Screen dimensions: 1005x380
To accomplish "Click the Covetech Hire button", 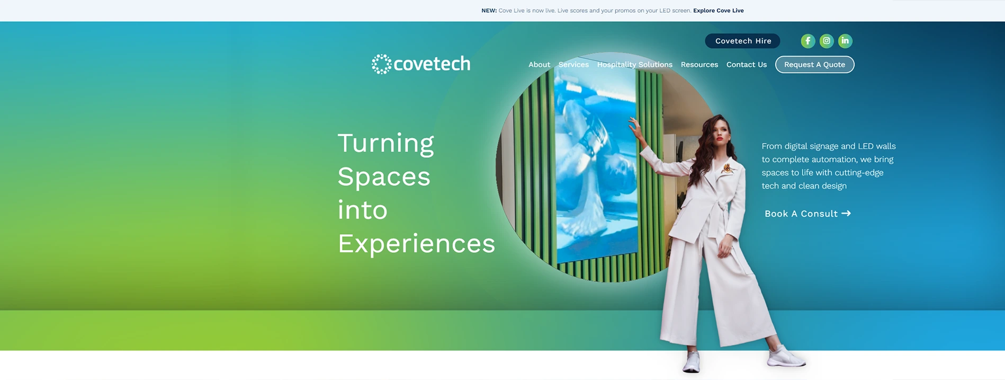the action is (742, 41).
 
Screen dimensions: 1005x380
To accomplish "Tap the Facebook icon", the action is (807, 41).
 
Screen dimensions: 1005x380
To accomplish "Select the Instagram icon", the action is (827, 41).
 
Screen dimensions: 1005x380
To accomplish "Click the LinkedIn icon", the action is (845, 41).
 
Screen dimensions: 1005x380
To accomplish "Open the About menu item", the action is (539, 65).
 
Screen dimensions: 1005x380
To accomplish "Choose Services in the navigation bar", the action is (573, 65).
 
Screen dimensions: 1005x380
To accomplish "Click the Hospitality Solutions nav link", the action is (635, 65).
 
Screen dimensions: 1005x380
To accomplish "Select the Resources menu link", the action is (699, 65).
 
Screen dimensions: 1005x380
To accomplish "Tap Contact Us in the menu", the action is (747, 65).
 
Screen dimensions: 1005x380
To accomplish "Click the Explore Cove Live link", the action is (719, 11).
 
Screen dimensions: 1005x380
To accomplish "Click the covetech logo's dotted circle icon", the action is (381, 64).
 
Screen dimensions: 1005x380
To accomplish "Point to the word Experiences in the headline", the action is (416, 244).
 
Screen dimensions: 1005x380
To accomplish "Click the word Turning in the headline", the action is (385, 143).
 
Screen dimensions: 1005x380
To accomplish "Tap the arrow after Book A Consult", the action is (846, 213).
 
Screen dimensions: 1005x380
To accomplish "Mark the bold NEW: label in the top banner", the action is (489, 11).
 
